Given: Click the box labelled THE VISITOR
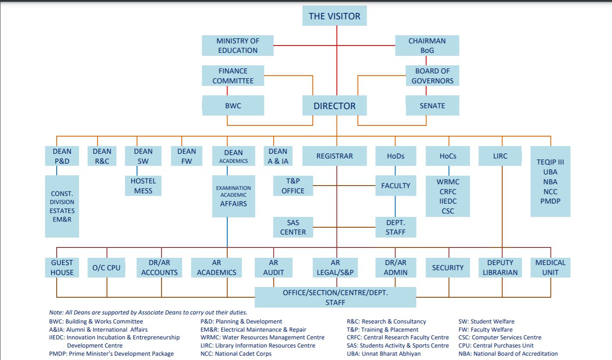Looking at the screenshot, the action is click(x=335, y=16).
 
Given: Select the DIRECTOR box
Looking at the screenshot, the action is click(x=335, y=106).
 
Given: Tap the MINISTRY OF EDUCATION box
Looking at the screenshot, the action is click(x=237, y=46).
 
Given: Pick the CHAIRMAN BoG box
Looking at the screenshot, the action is click(x=427, y=46).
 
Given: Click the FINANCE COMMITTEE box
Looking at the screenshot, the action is click(x=233, y=76).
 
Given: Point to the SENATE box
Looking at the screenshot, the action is click(x=432, y=106).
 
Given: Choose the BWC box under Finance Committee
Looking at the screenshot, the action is click(x=233, y=106).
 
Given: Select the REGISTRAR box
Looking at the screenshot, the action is click(x=335, y=156).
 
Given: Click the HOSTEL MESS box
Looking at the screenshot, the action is click(x=143, y=186).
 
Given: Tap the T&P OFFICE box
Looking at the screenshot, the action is click(x=293, y=186).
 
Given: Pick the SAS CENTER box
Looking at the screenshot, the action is click(x=293, y=227).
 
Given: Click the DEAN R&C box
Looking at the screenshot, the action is click(x=102, y=156).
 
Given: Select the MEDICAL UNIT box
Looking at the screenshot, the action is click(x=550, y=267).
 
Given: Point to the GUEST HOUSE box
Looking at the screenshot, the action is click(x=62, y=267).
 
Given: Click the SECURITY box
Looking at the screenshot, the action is click(x=448, y=267).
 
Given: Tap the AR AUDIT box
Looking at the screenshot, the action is click(x=274, y=267).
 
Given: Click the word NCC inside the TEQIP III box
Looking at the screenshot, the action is click(x=550, y=192).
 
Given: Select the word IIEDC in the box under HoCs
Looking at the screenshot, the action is click(x=448, y=201).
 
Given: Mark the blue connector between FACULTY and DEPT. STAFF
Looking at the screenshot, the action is click(x=395, y=206).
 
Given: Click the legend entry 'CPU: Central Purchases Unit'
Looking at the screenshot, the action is click(x=496, y=345).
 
